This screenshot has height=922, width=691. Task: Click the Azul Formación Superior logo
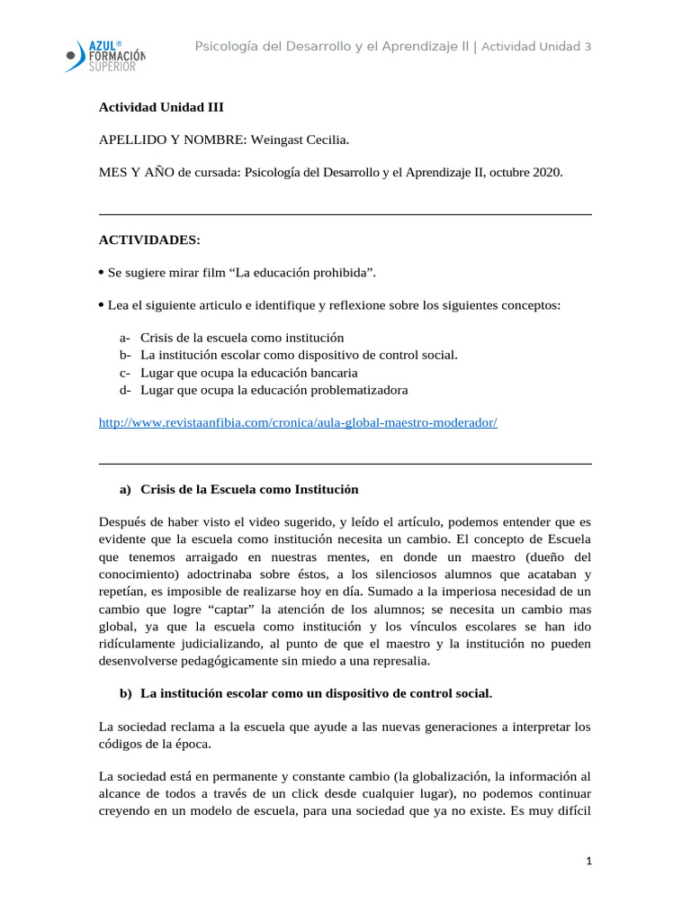click(105, 56)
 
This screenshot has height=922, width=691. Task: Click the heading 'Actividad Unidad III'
click(161, 107)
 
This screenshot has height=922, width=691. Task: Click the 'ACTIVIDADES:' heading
click(149, 240)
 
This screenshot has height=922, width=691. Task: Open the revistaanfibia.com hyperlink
click(297, 422)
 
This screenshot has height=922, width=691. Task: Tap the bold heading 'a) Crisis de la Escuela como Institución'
click(238, 489)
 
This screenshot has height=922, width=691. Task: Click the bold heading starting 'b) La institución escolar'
click(306, 693)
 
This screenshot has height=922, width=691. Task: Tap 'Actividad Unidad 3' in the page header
click(536, 46)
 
